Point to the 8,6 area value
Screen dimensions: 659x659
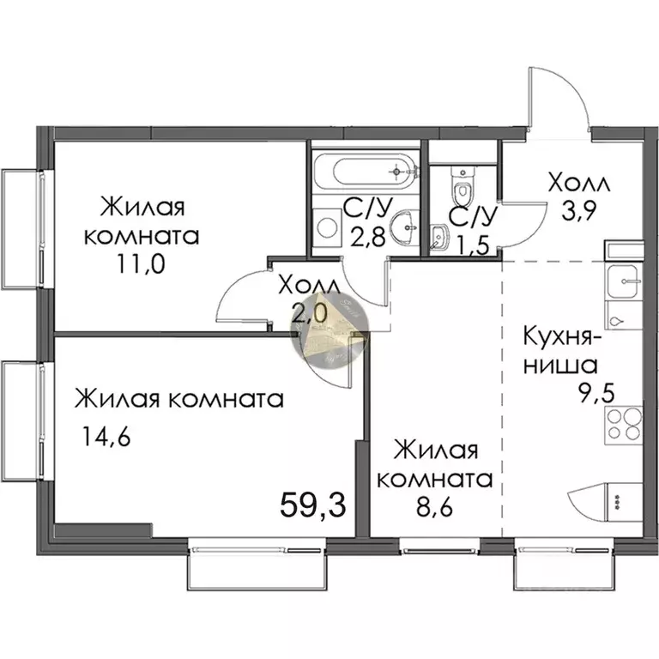(443, 506)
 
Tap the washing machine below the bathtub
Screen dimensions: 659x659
(328, 228)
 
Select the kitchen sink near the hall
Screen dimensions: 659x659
(623, 280)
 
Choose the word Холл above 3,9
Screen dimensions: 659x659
(579, 183)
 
